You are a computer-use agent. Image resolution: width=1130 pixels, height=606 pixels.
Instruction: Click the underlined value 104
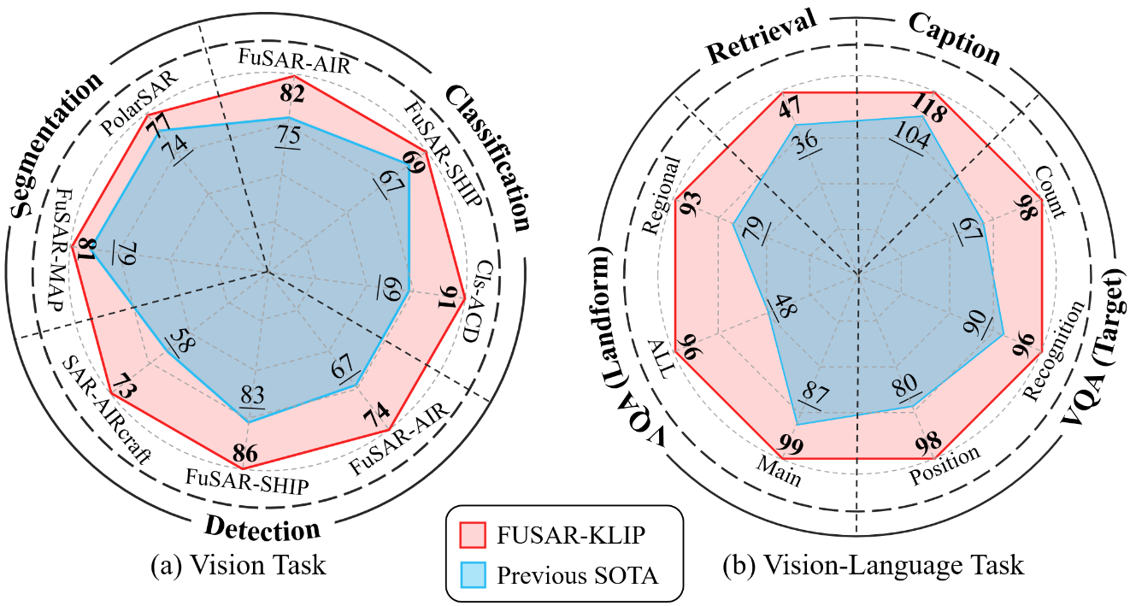tap(906, 137)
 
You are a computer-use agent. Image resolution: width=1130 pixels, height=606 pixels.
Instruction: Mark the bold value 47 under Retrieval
tap(787, 109)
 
